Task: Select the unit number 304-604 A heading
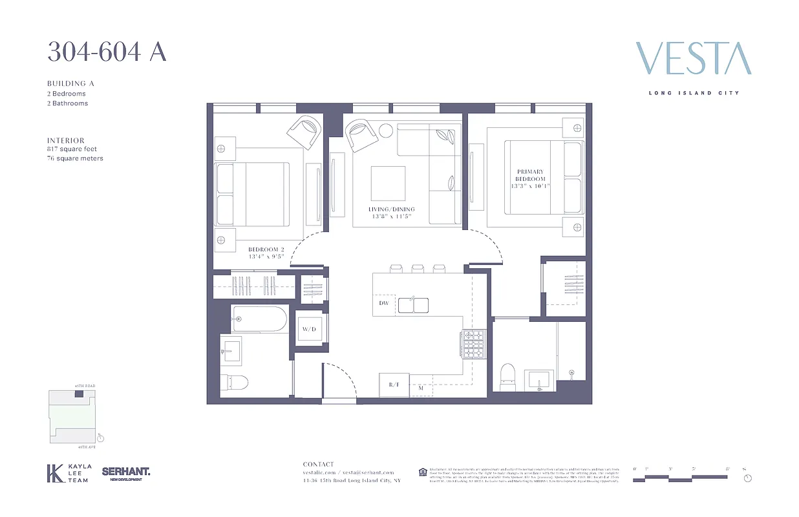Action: click(107, 52)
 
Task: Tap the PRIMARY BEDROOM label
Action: click(529, 175)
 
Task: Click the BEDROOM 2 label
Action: click(266, 249)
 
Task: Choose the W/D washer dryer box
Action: click(308, 329)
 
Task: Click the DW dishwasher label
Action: click(383, 303)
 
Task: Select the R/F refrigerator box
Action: click(393, 385)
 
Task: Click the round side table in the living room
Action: click(385, 130)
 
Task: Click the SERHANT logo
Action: click(125, 473)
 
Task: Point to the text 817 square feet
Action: click(72, 149)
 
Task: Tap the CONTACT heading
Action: click(319, 464)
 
